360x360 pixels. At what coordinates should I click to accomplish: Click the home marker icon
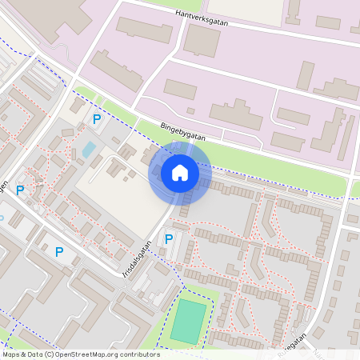click(x=179, y=172)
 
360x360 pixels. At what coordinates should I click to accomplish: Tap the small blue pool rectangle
click(x=88, y=149)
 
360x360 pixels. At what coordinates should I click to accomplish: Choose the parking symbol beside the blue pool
click(x=97, y=119)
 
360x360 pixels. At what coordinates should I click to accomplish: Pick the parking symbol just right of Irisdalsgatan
click(x=169, y=238)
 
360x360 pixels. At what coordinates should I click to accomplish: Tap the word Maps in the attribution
click(x=11, y=354)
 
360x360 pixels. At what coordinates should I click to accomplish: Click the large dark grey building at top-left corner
click(x=68, y=16)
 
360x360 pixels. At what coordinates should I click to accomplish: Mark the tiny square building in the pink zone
click(x=190, y=110)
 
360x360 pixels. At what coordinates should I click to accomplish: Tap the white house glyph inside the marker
click(x=179, y=172)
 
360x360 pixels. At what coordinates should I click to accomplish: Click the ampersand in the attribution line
click(x=24, y=354)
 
